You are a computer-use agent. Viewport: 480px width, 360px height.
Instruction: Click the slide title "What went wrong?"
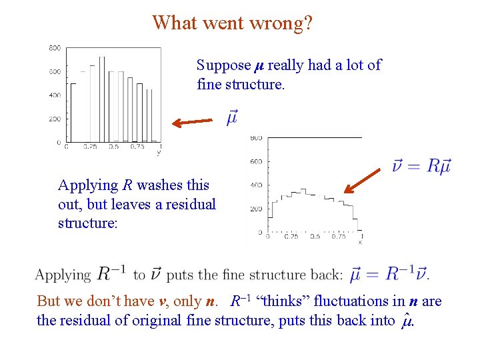tap(232, 23)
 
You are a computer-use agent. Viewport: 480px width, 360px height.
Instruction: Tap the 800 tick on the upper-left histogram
tap(55, 48)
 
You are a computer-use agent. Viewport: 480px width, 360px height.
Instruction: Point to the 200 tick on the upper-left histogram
tap(55, 119)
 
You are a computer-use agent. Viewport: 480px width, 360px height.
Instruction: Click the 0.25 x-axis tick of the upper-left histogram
tap(90, 147)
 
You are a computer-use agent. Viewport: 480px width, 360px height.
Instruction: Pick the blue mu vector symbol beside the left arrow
tap(231, 117)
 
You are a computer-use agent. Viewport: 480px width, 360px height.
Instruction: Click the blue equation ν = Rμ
tap(421, 165)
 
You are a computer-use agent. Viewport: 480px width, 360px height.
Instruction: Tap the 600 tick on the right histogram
tap(256, 161)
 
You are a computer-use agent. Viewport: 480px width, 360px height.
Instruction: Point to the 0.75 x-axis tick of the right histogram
tap(338, 236)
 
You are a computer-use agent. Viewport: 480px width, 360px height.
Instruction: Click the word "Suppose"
tap(223, 65)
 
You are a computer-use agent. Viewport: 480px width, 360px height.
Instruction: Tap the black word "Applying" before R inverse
tap(63, 275)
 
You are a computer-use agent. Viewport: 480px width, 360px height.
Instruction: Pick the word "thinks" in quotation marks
tap(273, 301)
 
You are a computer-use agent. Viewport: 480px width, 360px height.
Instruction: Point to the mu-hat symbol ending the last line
tap(408, 321)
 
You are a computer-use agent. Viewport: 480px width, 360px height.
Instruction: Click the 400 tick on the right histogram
tap(256, 185)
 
